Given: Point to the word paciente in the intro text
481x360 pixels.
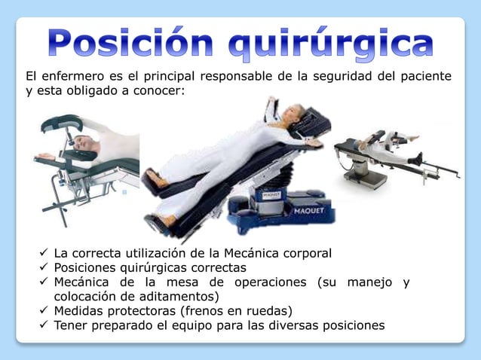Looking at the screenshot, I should click(x=427, y=77).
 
